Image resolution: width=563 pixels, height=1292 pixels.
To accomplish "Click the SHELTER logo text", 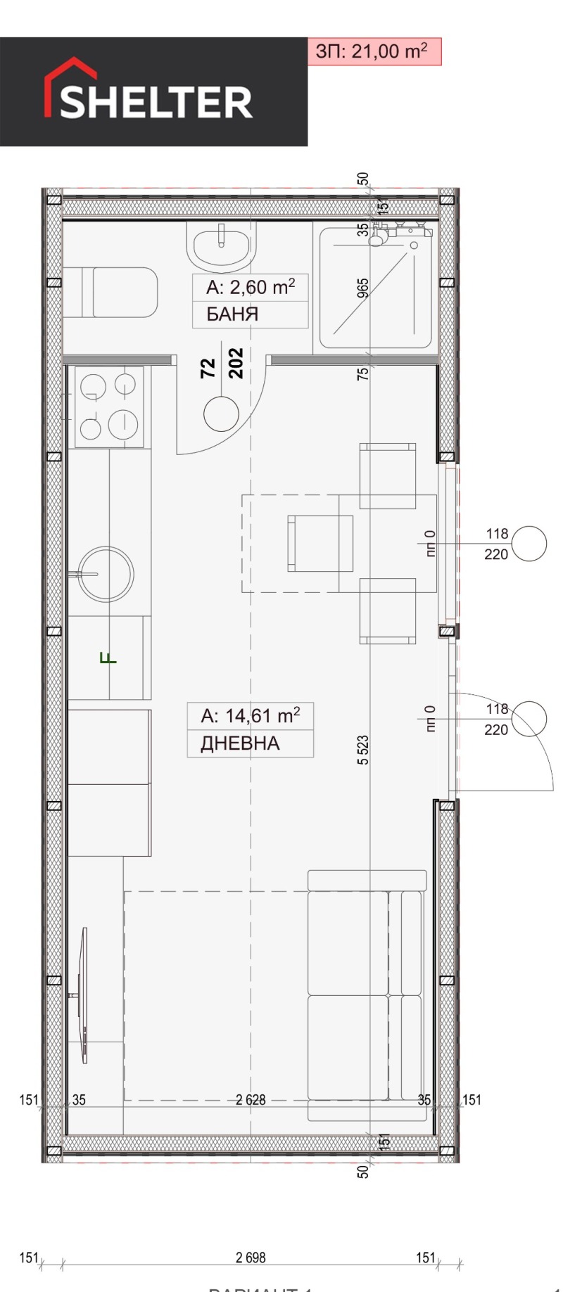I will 156,102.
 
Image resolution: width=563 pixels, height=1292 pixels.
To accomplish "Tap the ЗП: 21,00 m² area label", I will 373,51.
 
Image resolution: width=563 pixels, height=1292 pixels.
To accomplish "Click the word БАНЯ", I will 232,314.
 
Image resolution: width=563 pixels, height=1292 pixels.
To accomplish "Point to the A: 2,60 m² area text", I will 250,287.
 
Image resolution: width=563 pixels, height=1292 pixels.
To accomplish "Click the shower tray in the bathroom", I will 374,288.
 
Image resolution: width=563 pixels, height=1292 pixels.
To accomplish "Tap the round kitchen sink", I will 106,573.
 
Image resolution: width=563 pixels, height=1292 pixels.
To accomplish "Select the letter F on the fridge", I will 109,659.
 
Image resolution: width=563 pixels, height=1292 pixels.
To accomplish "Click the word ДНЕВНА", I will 240,743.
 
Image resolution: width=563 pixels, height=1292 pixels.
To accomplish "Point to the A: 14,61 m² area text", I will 250,716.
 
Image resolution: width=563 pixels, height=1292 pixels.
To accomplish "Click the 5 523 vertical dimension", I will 363,750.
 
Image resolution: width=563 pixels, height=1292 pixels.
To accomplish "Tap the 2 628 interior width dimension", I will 251,1099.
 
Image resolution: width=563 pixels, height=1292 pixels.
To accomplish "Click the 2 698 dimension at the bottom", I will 251,1258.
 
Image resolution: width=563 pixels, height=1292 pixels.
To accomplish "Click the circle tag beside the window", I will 529,544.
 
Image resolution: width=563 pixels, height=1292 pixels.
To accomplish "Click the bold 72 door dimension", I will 208,369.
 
